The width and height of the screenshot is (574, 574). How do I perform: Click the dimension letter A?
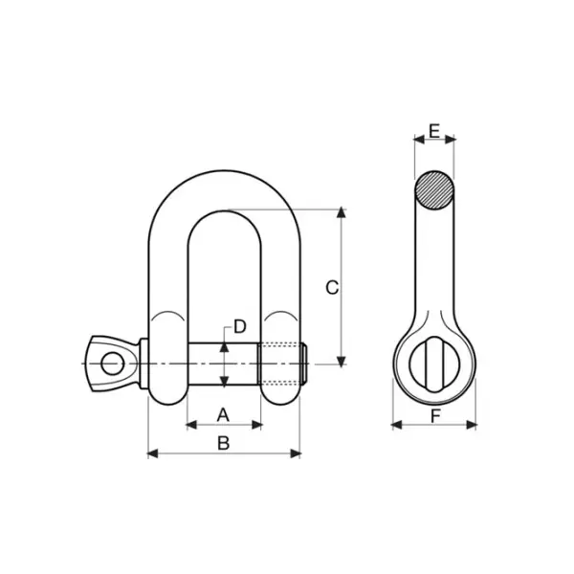[x=224, y=414]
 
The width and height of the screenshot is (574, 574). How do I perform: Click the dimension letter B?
[x=224, y=443]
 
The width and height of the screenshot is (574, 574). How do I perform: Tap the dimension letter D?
[x=239, y=326]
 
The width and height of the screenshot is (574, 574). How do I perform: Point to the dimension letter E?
[x=434, y=131]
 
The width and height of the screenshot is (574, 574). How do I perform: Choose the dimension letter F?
[x=434, y=416]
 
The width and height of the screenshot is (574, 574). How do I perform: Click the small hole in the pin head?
[x=112, y=364]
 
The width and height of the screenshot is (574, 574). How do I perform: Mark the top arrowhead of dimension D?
[x=224, y=346]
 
